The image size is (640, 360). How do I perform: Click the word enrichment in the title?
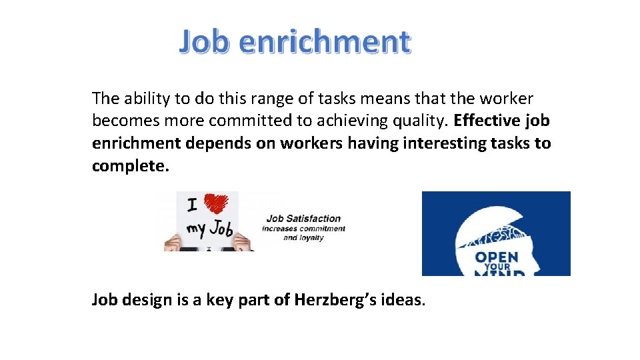[324, 41]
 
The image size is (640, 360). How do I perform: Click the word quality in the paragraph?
[419, 121]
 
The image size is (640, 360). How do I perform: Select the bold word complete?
[131, 166]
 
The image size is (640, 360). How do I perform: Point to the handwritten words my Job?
[209, 230]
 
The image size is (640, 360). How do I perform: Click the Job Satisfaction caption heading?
[303, 218]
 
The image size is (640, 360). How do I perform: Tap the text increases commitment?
[303, 229]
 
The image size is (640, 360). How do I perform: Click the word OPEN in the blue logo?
[497, 257]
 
